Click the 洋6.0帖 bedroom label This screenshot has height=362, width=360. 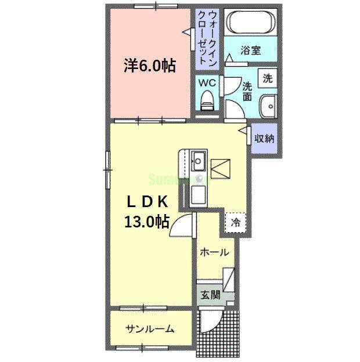point(149,66)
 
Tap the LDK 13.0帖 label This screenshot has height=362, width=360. point(148,211)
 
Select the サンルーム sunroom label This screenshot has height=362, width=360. point(149,329)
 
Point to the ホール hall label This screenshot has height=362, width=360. point(214,252)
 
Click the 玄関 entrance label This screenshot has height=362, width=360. point(211,295)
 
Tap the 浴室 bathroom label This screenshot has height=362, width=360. point(251,50)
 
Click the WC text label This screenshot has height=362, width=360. point(207,83)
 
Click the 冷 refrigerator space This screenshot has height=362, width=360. point(236,222)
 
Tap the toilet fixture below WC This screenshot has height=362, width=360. point(206,102)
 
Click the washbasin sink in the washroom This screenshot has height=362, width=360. point(268,107)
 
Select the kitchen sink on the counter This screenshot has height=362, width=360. point(197,160)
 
